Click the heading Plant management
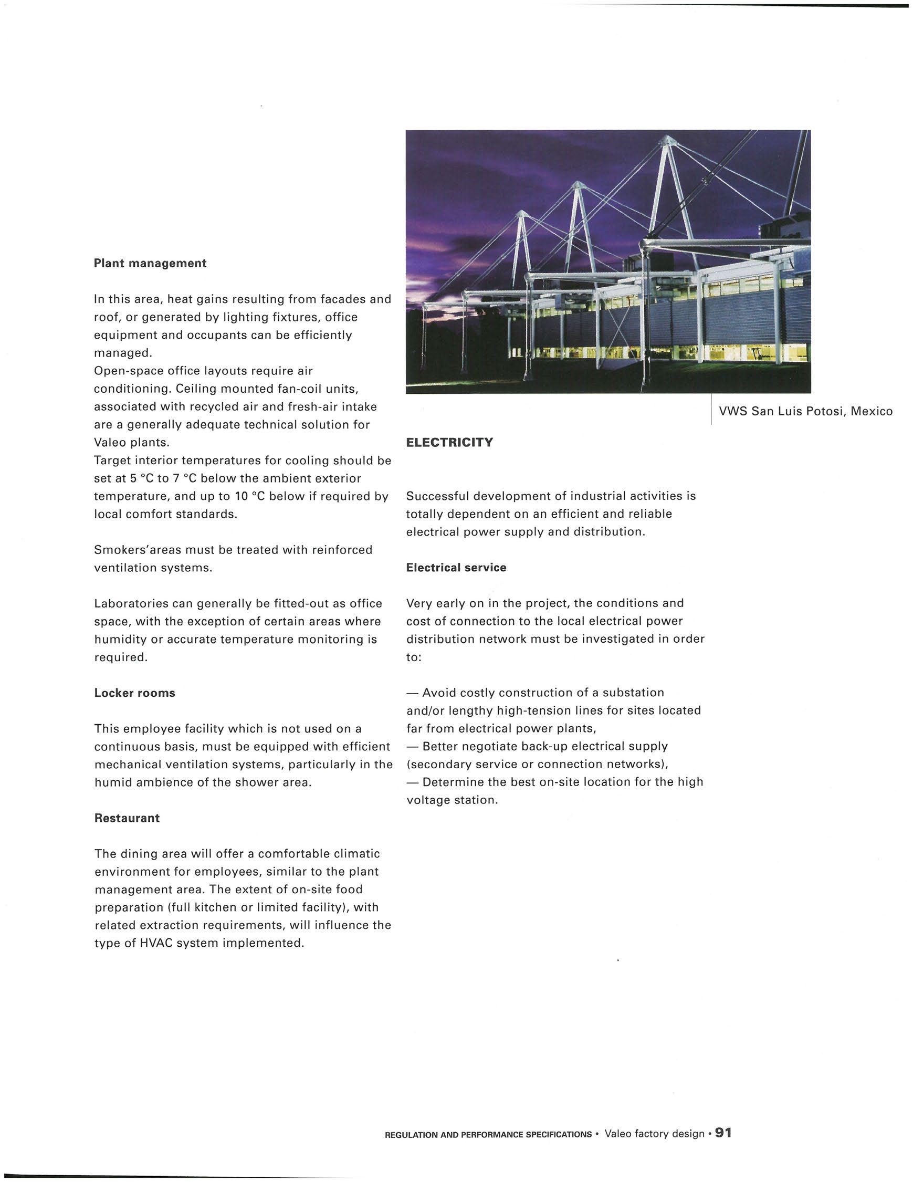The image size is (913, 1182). pos(150,263)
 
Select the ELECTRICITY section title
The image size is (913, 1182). pos(449,442)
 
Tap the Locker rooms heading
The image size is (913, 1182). pos(135,693)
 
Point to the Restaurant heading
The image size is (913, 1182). pos(127,818)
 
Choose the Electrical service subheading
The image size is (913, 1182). pos(456,567)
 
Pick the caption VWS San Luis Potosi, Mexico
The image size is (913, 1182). pos(805,411)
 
